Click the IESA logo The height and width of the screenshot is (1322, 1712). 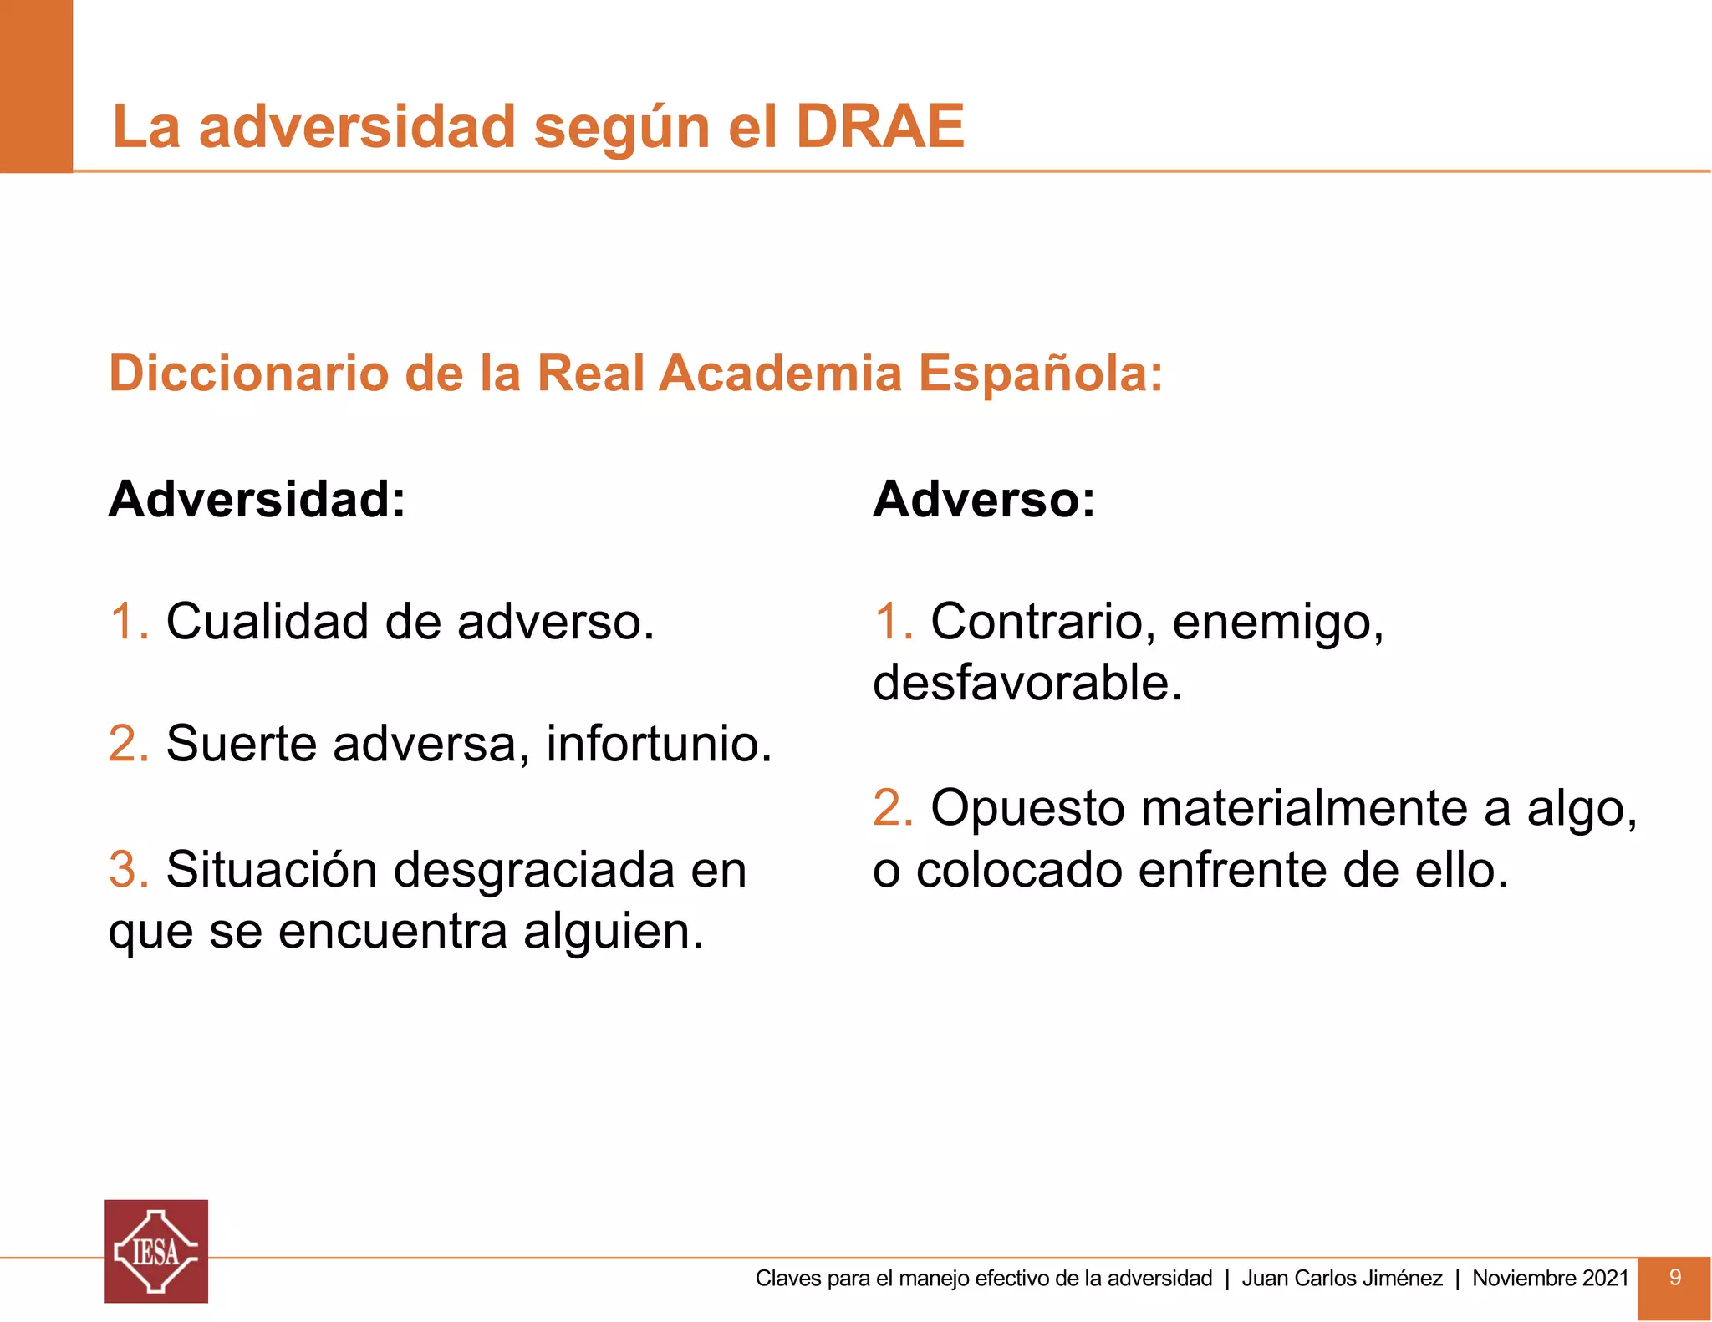coord(156,1251)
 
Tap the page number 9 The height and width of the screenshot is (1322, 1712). coord(1674,1277)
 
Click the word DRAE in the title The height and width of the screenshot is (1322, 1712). coord(880,127)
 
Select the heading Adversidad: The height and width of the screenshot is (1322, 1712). coord(257,500)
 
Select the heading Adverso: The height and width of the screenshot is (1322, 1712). coord(983,500)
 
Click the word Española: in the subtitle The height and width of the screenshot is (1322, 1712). coord(1040,373)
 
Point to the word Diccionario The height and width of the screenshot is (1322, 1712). coord(248,373)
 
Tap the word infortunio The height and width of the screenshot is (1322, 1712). coord(658,743)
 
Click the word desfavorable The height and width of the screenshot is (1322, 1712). coord(1027,683)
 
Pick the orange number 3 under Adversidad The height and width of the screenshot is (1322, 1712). coord(126,870)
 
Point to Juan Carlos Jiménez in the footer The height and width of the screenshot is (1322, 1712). coord(1342,1278)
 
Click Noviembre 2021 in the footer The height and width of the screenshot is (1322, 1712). coord(1550,1278)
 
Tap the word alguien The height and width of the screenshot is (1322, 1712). coord(612,933)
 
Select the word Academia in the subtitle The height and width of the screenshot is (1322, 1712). coord(780,373)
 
